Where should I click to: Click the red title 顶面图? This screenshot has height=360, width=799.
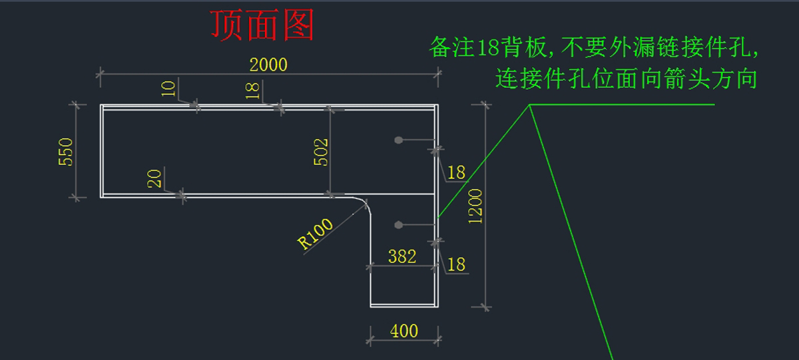tap(262, 25)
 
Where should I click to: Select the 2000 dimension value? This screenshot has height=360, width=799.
tap(268, 65)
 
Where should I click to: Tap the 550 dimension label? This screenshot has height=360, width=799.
tap(66, 152)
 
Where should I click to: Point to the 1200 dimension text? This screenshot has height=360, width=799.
tap(476, 206)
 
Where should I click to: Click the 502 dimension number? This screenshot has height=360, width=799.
tap(321, 153)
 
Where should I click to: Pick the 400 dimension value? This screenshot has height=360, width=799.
tap(404, 331)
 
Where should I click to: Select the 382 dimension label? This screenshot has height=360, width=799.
tap(402, 256)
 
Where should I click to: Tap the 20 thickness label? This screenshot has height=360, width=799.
tap(154, 178)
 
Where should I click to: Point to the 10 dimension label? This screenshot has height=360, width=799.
tap(169, 89)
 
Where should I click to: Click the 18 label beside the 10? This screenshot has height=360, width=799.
tap(253, 90)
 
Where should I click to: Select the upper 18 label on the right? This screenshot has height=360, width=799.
tap(456, 173)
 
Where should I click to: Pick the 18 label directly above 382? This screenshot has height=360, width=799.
tap(456, 264)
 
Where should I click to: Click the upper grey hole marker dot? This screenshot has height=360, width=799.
tap(398, 140)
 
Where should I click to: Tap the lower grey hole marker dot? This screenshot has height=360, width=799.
tap(398, 224)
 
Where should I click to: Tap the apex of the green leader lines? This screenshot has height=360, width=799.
tap(530, 105)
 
